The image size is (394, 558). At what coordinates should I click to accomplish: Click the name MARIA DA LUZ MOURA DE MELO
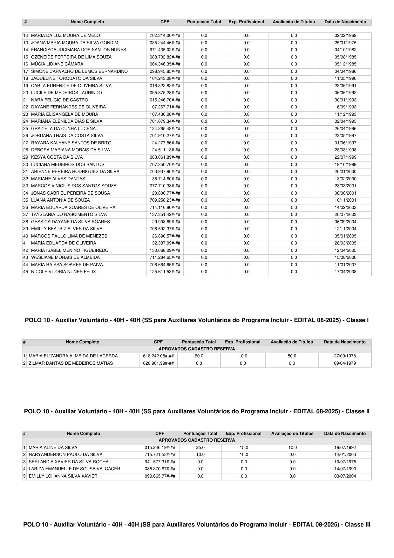click(65, 36)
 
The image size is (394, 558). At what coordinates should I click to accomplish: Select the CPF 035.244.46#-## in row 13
click(165, 43)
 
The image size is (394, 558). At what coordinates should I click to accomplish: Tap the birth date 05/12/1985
click(345, 64)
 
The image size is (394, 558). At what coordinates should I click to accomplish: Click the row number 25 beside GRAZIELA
click(26, 129)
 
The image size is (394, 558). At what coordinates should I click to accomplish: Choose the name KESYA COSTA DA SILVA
click(57, 157)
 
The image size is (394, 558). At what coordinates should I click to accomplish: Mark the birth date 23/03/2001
click(345, 186)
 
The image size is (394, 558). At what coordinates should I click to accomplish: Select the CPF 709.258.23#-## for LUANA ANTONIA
click(165, 200)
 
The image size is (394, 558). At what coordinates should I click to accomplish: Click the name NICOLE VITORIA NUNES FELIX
click(64, 272)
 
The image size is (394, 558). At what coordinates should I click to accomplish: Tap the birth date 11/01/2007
click(345, 265)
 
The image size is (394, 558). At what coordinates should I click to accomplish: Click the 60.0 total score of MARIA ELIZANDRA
click(199, 356)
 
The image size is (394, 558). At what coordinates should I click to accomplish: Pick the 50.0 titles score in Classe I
click(292, 356)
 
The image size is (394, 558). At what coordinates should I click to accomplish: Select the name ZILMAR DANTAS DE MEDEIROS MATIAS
click(71, 363)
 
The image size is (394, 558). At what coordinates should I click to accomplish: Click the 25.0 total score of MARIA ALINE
click(200, 448)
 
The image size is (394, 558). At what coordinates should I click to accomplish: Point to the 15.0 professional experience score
click(244, 448)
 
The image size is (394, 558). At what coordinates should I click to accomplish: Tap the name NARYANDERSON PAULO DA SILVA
click(65, 455)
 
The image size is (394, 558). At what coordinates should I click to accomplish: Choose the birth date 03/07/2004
click(345, 476)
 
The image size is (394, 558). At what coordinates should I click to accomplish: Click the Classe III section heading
click(197, 525)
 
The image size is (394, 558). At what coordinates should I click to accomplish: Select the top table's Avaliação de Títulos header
click(294, 22)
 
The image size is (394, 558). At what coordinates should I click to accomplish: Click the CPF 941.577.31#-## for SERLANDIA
click(160, 462)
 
